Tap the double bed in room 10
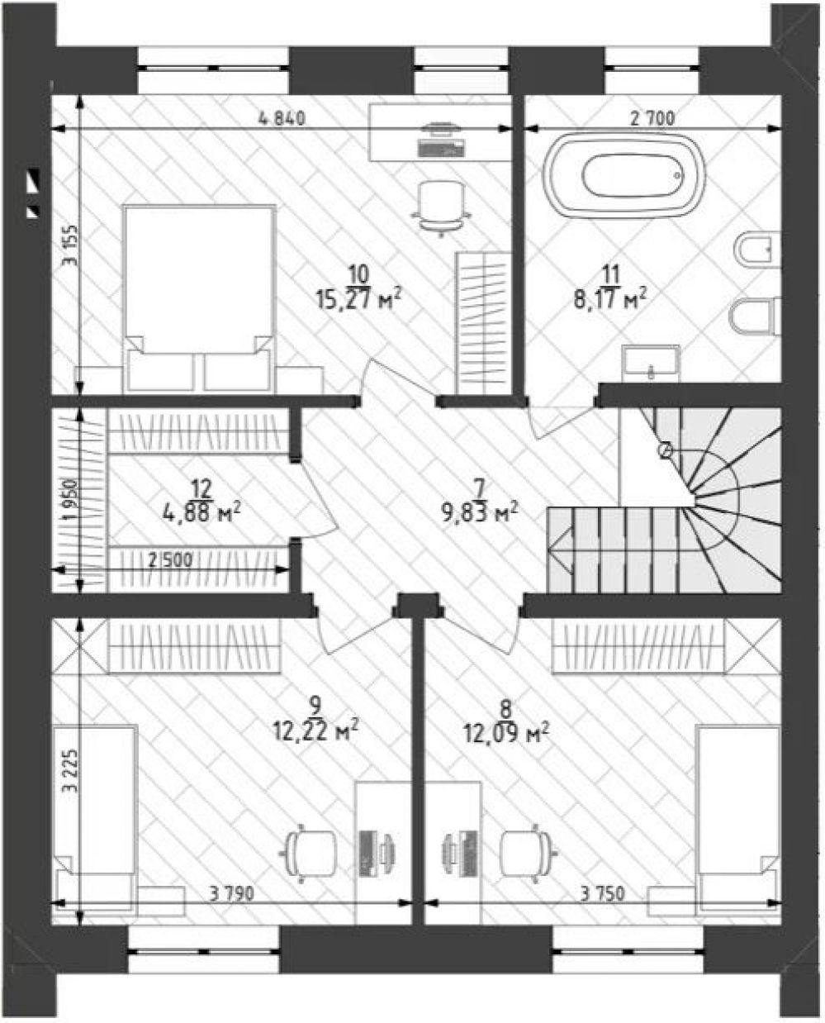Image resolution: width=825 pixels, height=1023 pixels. [x=200, y=298]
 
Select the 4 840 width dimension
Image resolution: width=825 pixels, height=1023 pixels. [x=282, y=118]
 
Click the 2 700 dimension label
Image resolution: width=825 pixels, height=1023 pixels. [x=652, y=118]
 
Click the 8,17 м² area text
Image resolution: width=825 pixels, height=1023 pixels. [x=611, y=299]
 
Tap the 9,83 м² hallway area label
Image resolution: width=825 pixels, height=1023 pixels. [x=480, y=513]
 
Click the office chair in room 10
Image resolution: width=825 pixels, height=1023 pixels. [x=442, y=209]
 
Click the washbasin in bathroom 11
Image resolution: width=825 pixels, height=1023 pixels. [x=651, y=364]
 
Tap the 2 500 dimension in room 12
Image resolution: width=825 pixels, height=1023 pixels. [x=171, y=560]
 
